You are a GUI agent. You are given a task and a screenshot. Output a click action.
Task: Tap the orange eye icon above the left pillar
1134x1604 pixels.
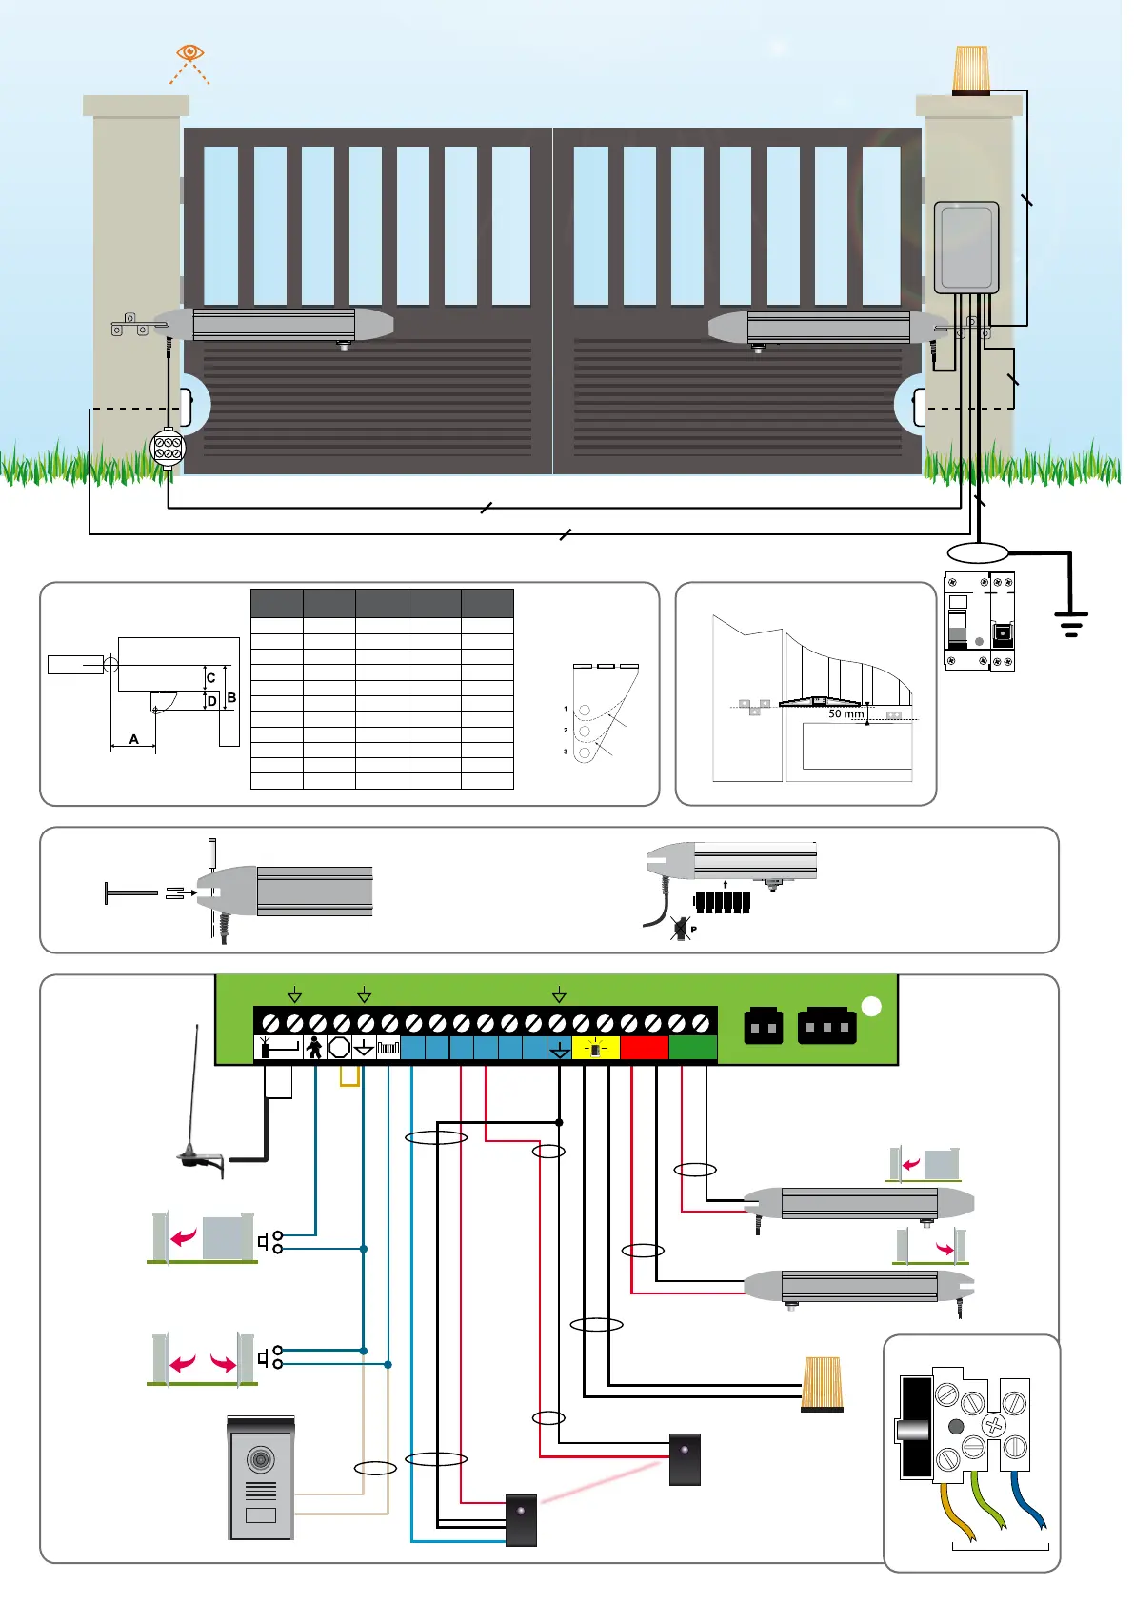190,52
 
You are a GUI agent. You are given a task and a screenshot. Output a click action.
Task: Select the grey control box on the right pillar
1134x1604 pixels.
965,248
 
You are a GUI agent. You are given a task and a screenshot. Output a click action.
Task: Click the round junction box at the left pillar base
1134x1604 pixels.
168,448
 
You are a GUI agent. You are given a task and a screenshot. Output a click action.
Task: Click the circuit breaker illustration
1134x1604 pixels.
979,621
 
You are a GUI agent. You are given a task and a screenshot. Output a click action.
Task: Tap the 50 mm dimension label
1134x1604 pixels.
846,713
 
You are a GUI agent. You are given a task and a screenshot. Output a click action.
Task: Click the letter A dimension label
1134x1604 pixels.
133,739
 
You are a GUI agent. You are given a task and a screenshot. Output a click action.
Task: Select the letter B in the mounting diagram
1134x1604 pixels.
231,698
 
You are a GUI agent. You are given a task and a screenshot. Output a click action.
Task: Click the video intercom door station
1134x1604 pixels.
260,1477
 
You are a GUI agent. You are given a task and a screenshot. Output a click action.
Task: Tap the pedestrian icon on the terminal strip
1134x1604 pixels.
314,1048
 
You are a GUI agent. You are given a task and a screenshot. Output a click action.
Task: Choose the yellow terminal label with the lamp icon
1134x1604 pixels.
595,1049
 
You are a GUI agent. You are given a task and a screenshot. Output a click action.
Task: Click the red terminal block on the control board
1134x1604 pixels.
644,1048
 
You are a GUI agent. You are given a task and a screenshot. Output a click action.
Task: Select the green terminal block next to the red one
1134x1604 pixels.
692,1048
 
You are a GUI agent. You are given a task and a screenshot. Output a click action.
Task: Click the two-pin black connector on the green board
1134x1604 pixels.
763,1027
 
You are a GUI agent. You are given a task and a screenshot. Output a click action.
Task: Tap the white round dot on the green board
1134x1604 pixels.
870,1007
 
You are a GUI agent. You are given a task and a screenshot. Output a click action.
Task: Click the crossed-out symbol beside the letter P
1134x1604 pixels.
679,929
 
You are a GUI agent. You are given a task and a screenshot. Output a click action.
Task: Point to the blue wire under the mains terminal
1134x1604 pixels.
1029,1502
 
